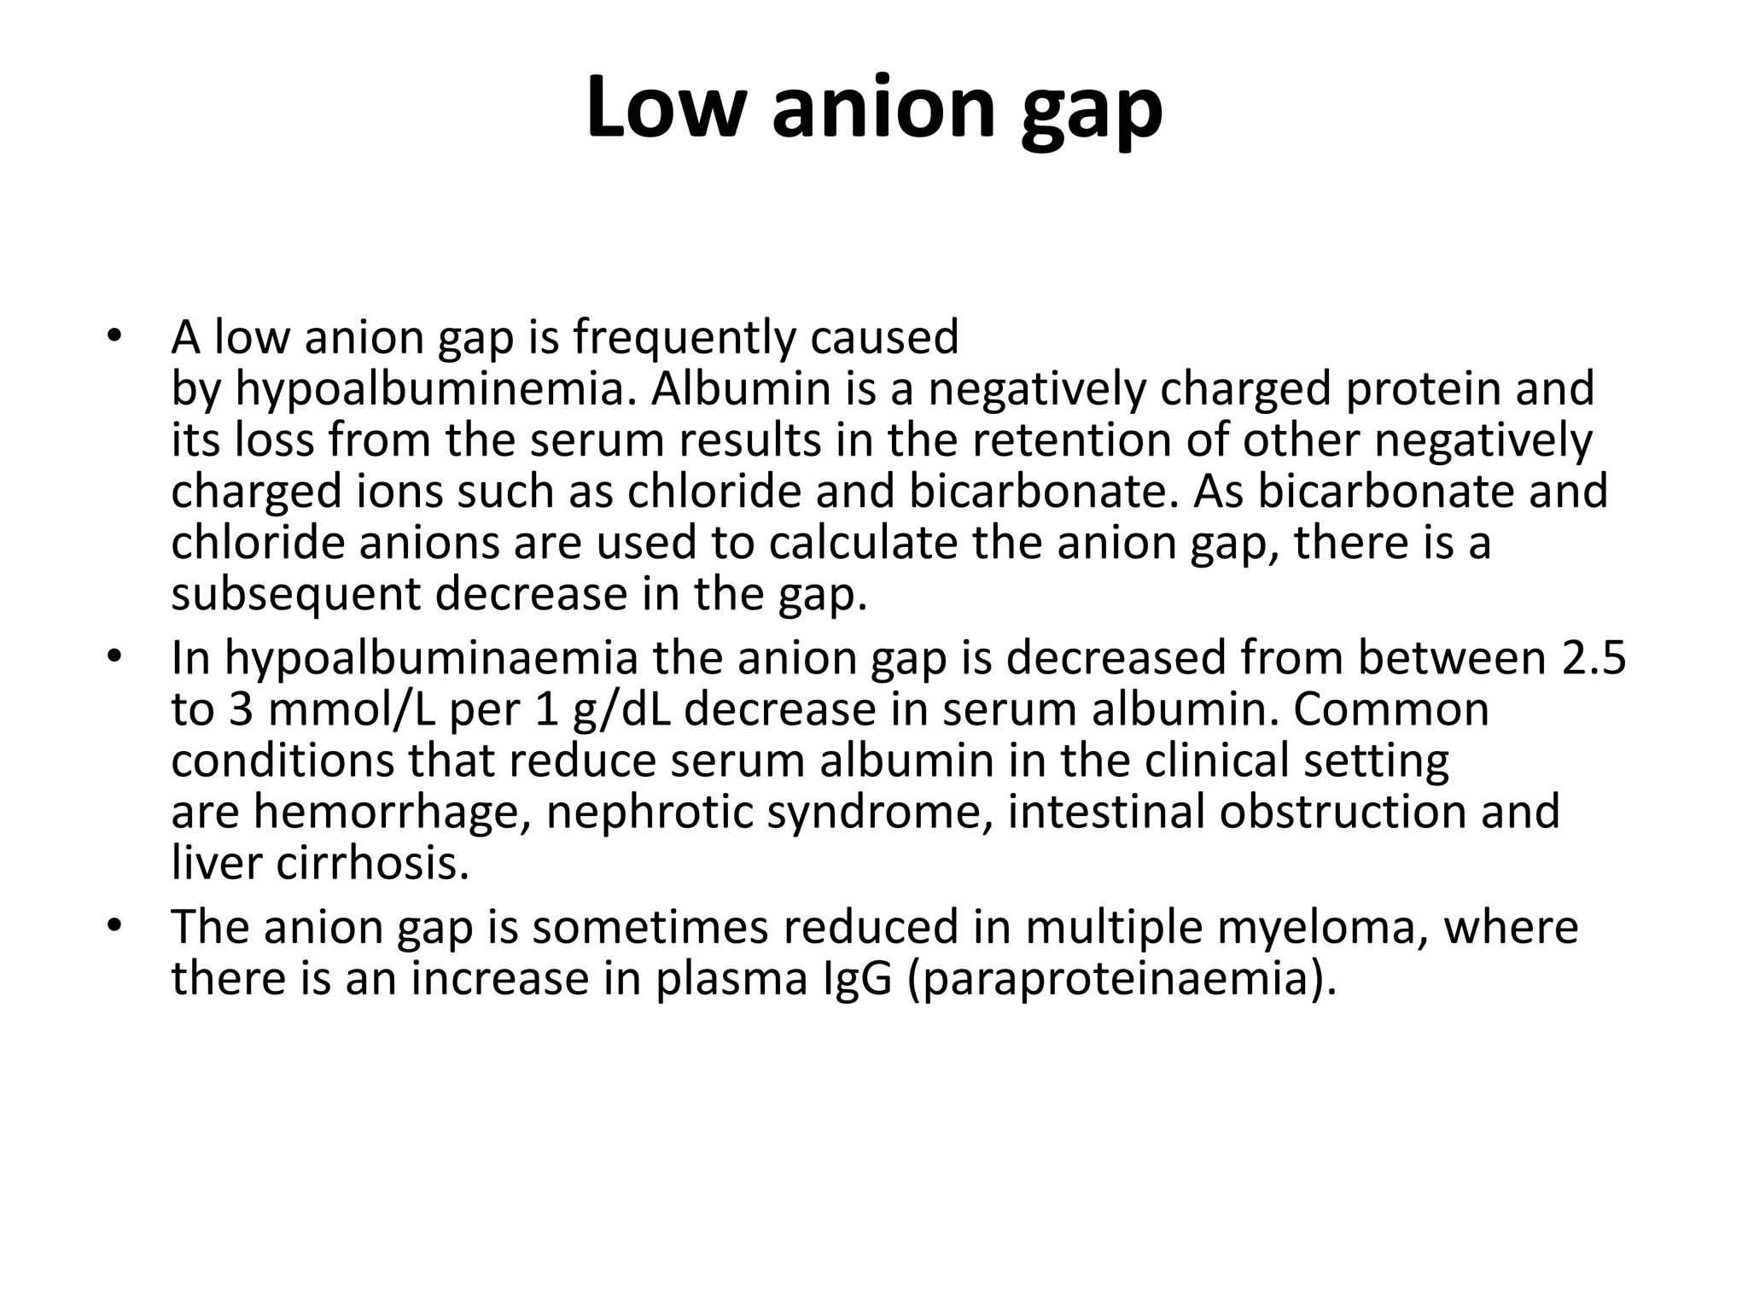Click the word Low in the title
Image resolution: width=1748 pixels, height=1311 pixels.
(662, 108)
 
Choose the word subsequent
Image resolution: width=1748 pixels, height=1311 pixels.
(295, 595)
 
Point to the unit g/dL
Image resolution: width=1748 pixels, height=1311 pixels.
(621, 710)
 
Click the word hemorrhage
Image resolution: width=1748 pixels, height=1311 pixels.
(387, 812)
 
